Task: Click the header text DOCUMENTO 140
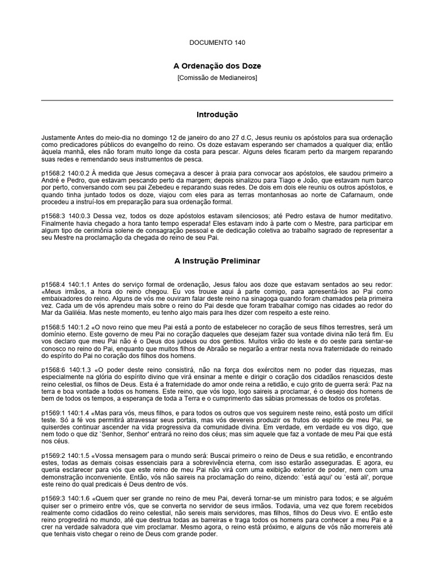click(x=217, y=43)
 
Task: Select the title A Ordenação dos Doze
click(x=217, y=66)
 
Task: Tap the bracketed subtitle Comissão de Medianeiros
click(x=217, y=78)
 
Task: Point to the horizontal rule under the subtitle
click(x=217, y=100)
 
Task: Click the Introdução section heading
click(x=217, y=115)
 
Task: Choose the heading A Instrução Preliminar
click(x=217, y=261)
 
